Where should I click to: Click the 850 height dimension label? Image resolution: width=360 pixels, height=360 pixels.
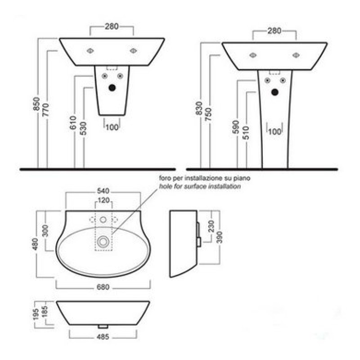36,104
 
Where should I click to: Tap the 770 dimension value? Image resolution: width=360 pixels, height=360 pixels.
46,110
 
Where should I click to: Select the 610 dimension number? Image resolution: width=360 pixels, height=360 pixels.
73,122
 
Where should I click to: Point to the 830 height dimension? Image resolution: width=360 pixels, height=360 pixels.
199,108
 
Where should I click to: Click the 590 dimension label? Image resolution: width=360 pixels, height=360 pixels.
236,127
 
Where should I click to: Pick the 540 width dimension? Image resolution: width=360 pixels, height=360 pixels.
103,191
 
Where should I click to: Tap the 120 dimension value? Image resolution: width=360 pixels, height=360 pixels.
103,200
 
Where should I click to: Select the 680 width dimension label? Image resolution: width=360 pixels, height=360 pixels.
103,287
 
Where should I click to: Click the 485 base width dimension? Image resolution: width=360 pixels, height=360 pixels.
103,337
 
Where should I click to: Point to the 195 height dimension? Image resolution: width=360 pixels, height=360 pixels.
36,314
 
